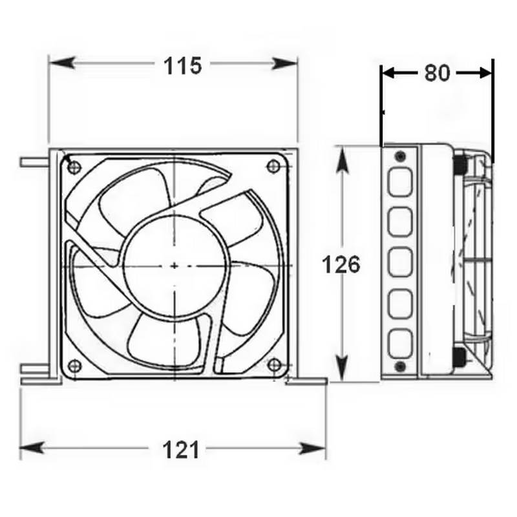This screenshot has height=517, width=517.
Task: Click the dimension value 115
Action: (182, 65)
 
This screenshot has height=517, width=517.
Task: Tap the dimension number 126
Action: (341, 265)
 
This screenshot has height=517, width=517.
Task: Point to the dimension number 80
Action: (437, 74)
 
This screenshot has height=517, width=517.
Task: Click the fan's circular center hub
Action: (174, 265)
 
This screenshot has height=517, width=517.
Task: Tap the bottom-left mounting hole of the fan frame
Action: (73, 364)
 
